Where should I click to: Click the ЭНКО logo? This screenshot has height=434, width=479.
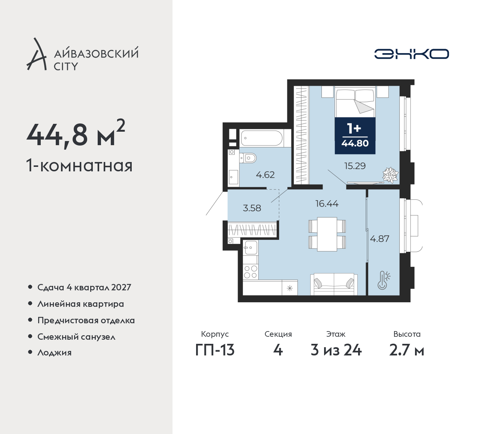point(411,54)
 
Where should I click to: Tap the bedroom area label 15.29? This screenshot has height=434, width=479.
point(355,166)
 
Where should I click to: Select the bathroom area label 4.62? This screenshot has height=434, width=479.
point(265,175)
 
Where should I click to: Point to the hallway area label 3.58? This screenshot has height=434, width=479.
point(252,208)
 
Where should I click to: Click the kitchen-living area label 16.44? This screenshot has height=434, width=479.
point(327,204)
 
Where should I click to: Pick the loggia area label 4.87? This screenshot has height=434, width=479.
point(380,238)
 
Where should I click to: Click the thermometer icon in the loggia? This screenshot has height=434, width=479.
point(384,280)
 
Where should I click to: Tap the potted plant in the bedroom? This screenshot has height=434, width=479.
point(391,175)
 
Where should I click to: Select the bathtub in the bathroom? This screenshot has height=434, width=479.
point(262,138)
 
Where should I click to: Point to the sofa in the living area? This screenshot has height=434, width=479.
point(334,284)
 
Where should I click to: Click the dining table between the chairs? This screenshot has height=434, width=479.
point(327,234)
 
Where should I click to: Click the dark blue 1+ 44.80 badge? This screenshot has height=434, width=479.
point(355,135)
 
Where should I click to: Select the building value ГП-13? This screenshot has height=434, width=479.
point(215,350)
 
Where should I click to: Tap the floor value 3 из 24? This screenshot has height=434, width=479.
point(336,350)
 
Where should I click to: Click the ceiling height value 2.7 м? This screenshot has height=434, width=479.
point(407,350)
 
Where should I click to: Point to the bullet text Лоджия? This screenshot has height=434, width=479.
point(54,352)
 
